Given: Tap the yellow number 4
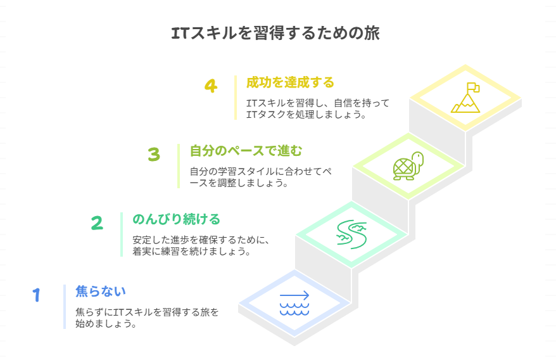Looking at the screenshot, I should tap(211, 86).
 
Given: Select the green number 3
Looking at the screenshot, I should tap(154, 154).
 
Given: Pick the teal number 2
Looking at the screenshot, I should tap(97, 222).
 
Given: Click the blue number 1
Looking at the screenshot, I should tap(37, 295).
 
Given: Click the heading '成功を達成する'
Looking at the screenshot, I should tap(290, 82).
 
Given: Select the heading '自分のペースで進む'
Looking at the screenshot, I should tap(246, 151).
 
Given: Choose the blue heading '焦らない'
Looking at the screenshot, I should tap(101, 292).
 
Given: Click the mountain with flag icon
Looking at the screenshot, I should tap(465, 98).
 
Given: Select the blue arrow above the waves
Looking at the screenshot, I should tap(294, 295).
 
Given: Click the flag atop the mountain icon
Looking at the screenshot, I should tap(473, 87).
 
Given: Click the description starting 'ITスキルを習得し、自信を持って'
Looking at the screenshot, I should tap(317, 108).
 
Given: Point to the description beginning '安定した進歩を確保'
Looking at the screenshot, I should tap(202, 245).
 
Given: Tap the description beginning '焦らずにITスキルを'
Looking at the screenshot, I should tap(146, 318).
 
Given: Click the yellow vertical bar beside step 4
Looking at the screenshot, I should tap(236, 98).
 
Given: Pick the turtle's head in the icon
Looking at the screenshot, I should tap(418, 157).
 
